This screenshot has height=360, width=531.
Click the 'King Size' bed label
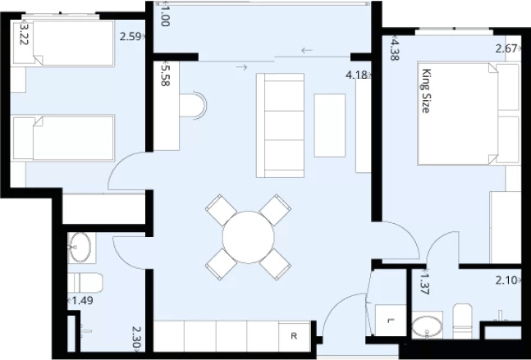[x=427, y=91]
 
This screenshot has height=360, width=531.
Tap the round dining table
[x=248, y=237]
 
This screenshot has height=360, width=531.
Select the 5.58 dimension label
[x=165, y=74]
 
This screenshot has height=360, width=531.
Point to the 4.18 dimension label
[x=356, y=75]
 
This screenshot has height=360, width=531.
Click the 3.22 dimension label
[x=24, y=33]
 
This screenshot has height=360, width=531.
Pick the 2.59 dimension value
[x=130, y=36]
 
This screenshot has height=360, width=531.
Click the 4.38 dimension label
[x=395, y=48]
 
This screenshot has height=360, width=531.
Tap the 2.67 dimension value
[x=507, y=48]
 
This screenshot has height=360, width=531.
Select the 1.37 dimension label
[x=424, y=282]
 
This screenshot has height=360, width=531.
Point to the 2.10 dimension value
[x=507, y=280]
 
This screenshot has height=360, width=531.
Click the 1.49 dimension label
[x=82, y=300]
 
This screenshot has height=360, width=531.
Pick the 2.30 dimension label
[x=136, y=338]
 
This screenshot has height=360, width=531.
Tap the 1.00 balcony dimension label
[x=165, y=14]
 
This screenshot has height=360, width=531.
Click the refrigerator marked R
[x=294, y=336]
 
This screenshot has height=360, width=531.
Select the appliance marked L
[x=391, y=320]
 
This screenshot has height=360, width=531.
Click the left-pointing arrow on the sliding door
[x=307, y=51]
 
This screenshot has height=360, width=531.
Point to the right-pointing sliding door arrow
[x=242, y=67]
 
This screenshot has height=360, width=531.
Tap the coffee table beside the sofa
[x=329, y=125]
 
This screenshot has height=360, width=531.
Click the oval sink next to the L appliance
[x=427, y=327]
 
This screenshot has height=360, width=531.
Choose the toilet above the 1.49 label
[x=85, y=283]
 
